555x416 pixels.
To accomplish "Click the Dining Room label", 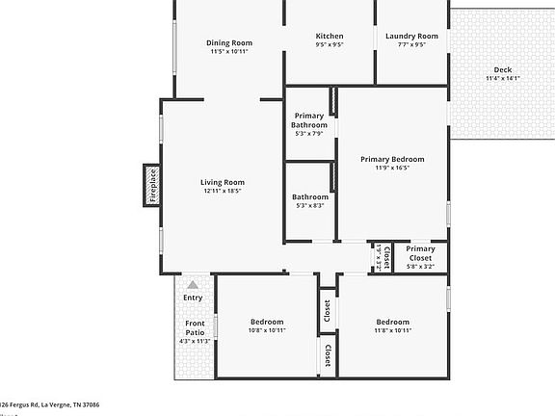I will tap(229, 42).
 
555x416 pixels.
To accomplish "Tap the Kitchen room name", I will tap(330, 37).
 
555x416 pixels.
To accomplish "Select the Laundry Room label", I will tap(411, 37).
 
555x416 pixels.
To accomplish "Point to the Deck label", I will tap(503, 69).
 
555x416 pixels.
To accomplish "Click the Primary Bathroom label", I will tap(309, 120).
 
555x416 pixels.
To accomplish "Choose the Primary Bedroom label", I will tap(392, 159).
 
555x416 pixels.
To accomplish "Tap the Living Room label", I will tap(223, 182).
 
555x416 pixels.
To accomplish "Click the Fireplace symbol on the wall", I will tap(151, 186).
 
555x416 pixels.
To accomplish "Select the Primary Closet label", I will tap(420, 253).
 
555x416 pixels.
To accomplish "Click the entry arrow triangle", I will tap(193, 284).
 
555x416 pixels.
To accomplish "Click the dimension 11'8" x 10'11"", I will tap(392, 330).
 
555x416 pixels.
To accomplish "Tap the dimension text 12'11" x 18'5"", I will tap(223, 191).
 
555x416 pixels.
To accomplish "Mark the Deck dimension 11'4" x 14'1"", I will tap(503, 78).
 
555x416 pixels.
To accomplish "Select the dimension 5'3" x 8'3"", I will tap(309, 205).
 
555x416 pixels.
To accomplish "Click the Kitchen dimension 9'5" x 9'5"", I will tap(330, 45).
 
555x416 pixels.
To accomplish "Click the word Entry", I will tap(193, 298).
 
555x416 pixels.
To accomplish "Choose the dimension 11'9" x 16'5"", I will tap(392, 168).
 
